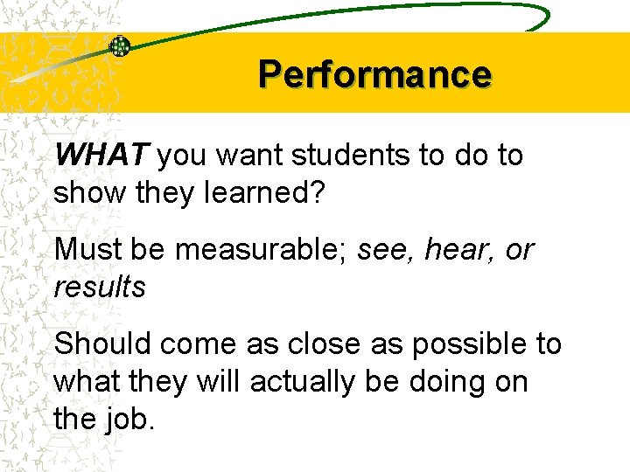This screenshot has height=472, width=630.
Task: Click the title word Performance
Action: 374,74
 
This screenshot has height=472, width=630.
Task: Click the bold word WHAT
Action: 103,156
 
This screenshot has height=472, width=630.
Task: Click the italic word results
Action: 100,286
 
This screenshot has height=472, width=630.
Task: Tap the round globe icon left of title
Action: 119,46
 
